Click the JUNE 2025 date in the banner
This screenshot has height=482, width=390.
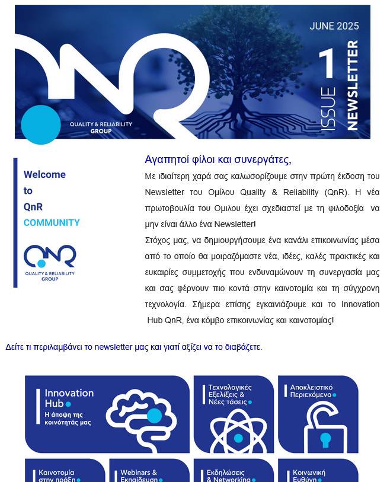(334, 26)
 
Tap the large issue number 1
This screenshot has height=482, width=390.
(327, 65)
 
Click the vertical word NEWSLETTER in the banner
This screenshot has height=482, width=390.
(353, 85)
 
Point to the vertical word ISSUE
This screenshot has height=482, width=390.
(328, 109)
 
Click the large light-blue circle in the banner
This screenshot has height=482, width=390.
(41, 125)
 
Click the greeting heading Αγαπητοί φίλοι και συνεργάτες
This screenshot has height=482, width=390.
(218, 159)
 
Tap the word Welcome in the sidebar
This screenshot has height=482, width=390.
(44, 174)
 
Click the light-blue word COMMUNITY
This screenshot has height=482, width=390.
(52, 223)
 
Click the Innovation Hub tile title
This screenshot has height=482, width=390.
(69, 398)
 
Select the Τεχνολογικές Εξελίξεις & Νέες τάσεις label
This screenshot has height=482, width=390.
(229, 394)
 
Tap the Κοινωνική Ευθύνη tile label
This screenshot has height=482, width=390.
(309, 477)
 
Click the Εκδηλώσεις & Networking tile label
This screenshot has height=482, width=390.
(228, 476)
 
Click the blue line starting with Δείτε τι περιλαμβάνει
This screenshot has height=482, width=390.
(133, 347)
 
